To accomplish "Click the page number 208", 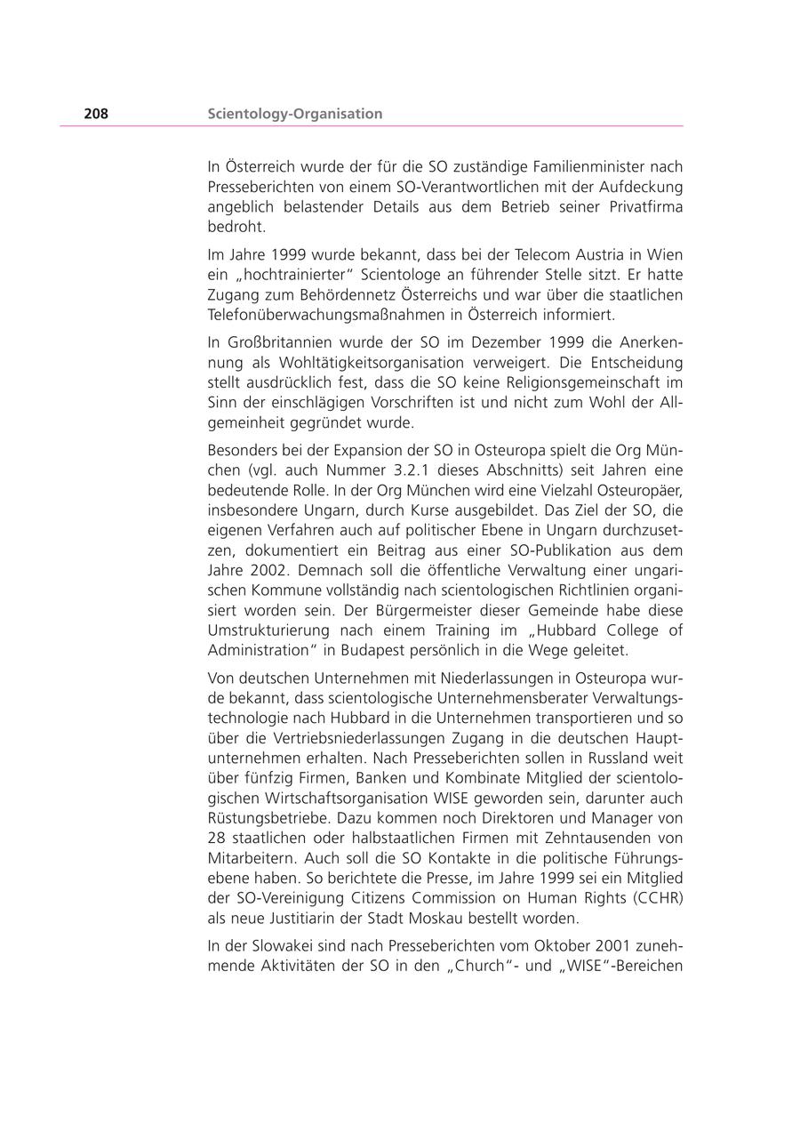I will coord(96,114).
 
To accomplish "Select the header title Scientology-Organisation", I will coord(295,114).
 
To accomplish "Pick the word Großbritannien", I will coord(276,342).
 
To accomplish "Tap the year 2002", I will coord(268,571).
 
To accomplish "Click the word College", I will coord(633,630).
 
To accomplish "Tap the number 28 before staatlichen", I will coord(217,838).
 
